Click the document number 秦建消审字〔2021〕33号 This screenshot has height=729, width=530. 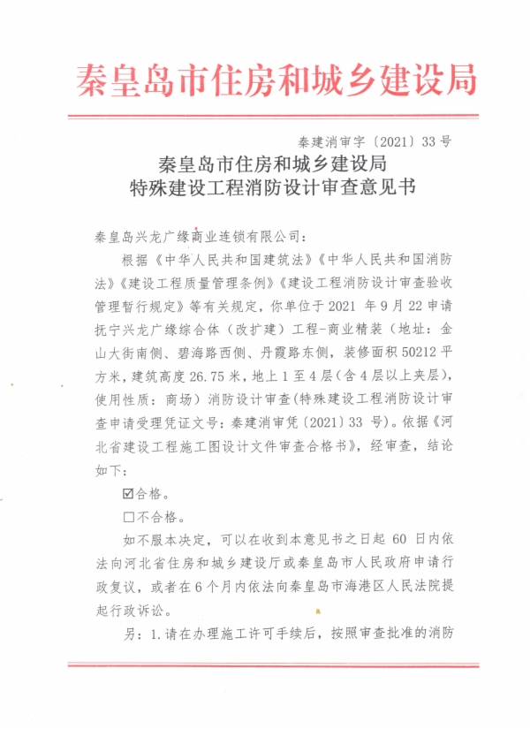375,140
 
